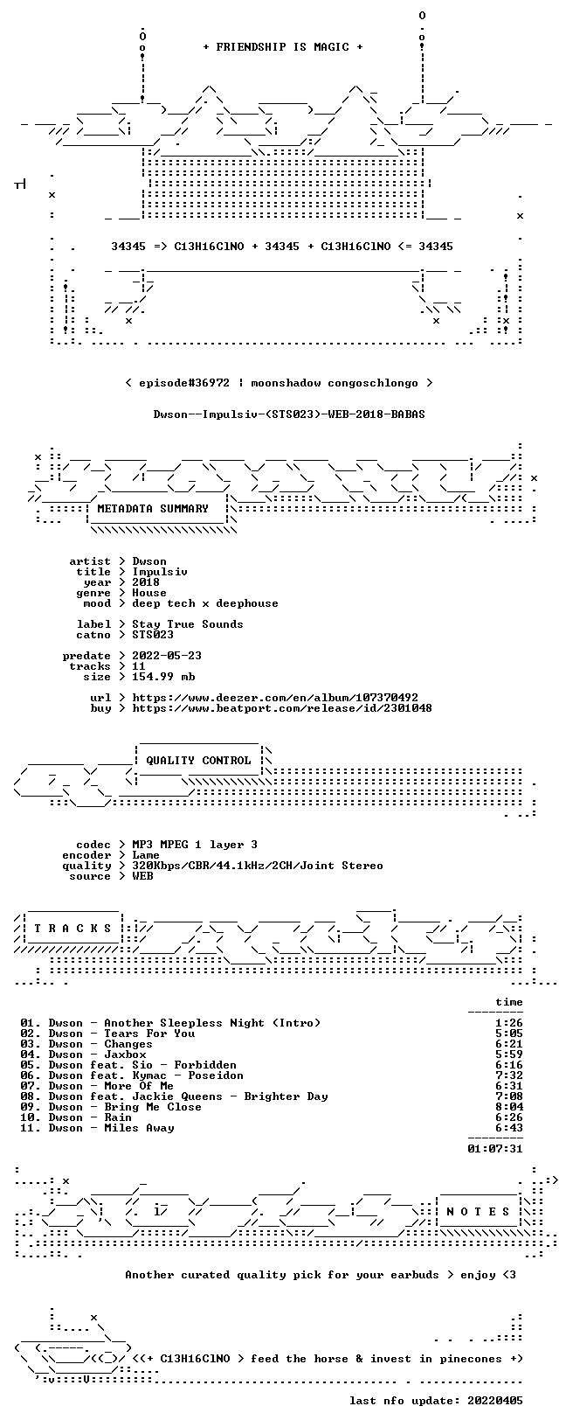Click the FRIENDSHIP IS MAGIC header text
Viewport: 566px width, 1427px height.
click(x=283, y=47)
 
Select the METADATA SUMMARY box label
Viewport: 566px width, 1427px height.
click(x=153, y=508)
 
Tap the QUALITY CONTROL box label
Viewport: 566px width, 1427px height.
click(x=198, y=760)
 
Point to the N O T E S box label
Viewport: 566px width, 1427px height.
click(x=478, y=1211)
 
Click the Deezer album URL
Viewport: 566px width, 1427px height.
click(x=275, y=698)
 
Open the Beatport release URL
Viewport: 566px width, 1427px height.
click(x=282, y=707)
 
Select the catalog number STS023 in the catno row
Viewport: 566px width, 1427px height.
click(x=153, y=635)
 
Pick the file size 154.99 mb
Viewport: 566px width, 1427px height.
click(x=163, y=677)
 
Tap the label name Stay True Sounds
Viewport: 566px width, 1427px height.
click(x=188, y=624)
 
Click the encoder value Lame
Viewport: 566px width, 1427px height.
click(x=146, y=855)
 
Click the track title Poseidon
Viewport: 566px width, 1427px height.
click(x=216, y=1075)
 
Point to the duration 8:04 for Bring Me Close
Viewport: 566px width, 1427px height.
click(x=508, y=1107)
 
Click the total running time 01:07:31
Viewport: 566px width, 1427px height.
click(x=494, y=1149)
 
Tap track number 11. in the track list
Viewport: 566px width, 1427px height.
click(x=31, y=1128)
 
